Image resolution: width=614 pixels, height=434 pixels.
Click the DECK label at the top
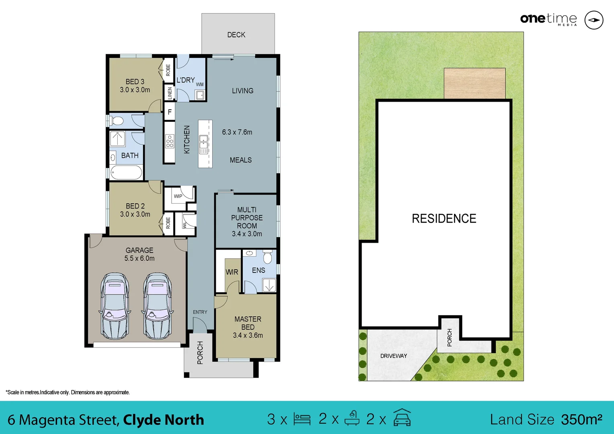236,35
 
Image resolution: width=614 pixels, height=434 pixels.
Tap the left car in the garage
115,306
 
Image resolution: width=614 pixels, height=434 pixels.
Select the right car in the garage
158,306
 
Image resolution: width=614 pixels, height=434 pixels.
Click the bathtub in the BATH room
126,172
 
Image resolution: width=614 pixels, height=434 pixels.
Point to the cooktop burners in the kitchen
170,141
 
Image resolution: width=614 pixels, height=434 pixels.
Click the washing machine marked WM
200,95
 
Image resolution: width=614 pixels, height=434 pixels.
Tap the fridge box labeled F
170,112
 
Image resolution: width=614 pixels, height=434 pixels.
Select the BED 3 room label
135,82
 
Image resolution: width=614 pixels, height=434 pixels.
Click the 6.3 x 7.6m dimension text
237,132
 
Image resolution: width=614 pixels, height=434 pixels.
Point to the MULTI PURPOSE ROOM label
247,218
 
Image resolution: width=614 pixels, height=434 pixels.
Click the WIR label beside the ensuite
232,272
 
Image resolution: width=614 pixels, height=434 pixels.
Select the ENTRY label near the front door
200,312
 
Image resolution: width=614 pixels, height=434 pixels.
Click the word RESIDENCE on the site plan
444,219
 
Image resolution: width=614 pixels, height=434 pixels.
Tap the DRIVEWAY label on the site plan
394,356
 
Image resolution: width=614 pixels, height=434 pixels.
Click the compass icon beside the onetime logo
594,20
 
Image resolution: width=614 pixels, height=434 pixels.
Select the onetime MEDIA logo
549,19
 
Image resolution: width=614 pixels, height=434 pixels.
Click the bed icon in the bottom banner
302,419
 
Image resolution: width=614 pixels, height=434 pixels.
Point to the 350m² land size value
581,420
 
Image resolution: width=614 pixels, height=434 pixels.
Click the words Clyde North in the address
164,420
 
